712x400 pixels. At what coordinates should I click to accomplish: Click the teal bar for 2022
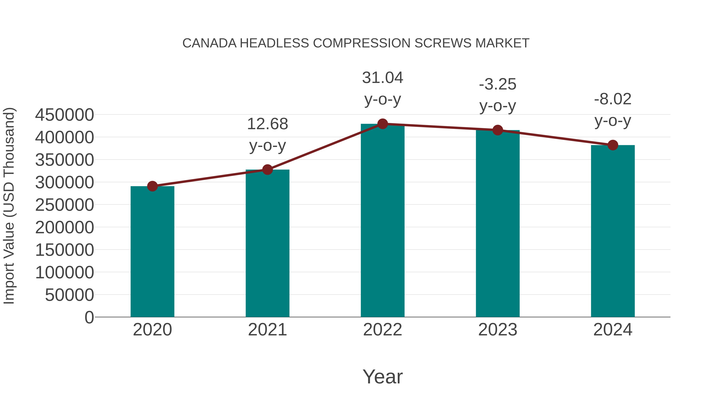coord(383,221)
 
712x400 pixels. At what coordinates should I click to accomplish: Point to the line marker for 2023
coord(498,130)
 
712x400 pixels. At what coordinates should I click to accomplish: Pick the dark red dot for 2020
coord(152,186)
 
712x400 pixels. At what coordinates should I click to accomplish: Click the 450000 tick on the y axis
coord(64,115)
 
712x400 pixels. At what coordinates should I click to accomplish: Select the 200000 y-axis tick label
coord(64,228)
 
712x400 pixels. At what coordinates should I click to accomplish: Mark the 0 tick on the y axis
coord(89,317)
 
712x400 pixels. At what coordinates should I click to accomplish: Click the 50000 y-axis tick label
coord(69,295)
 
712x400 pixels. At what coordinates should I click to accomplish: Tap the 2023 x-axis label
coord(498,330)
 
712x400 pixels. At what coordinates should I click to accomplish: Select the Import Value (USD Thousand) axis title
coord(9,206)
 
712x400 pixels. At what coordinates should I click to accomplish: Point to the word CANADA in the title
coord(209,43)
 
